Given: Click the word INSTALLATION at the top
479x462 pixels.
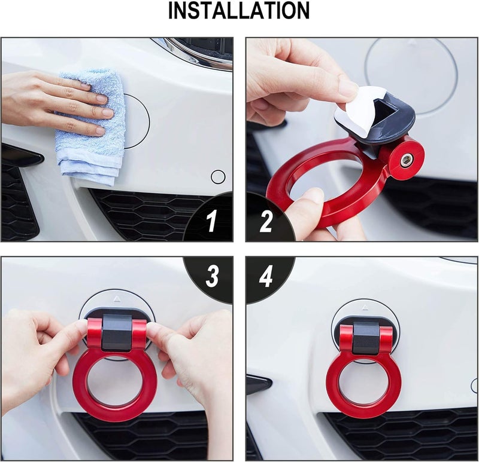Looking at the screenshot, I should click(239, 11).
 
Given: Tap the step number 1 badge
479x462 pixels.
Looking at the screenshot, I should click(211, 222).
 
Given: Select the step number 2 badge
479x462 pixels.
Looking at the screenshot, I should click(266, 222).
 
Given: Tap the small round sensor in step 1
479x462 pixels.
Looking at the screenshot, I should click(218, 176).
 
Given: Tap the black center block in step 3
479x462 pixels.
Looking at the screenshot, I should click(117, 335).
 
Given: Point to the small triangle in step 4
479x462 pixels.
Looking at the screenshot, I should click(366, 310).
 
